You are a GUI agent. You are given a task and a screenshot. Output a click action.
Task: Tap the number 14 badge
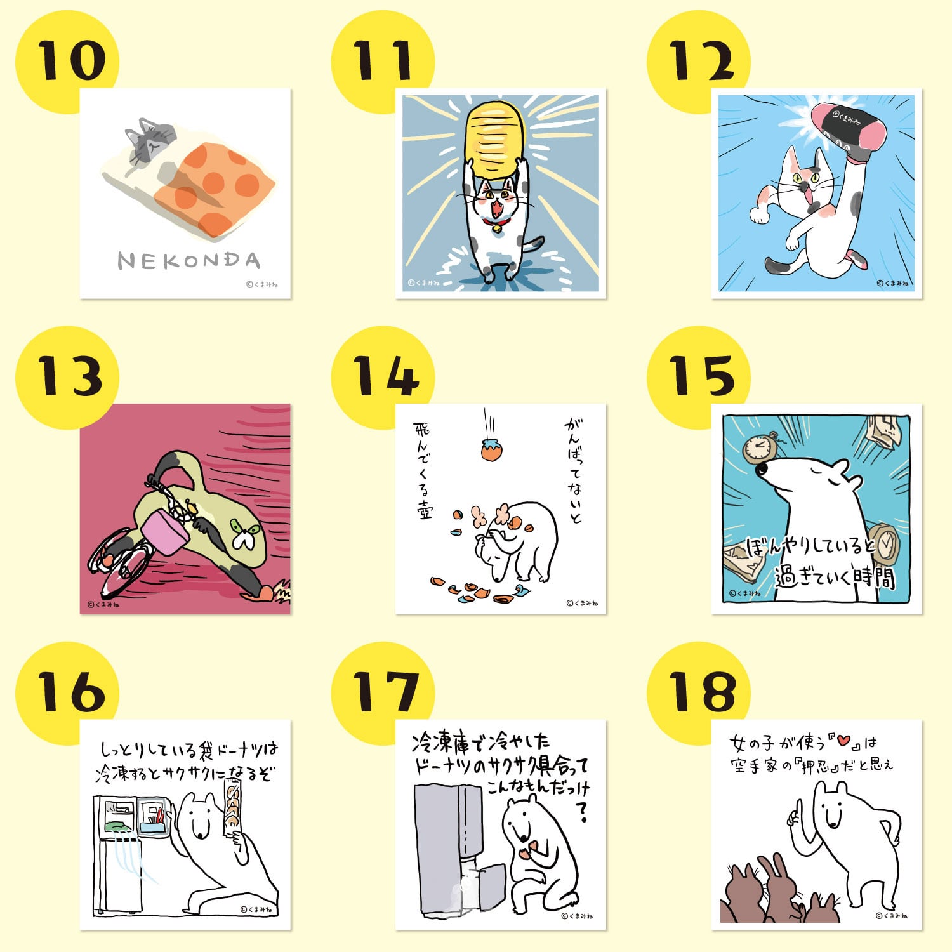pos(384,376)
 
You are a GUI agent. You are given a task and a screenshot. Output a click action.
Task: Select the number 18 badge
pos(701,691)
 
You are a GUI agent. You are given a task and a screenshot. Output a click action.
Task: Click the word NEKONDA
pos(188,261)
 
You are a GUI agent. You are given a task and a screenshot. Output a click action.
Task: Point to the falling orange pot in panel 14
pos(491,449)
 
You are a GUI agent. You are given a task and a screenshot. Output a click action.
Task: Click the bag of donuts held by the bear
pos(233,806)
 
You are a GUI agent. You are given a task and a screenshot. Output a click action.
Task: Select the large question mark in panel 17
pos(581,811)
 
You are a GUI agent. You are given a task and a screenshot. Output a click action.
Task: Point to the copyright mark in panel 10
pos(249,285)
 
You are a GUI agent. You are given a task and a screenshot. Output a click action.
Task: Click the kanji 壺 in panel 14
pos(423,512)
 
